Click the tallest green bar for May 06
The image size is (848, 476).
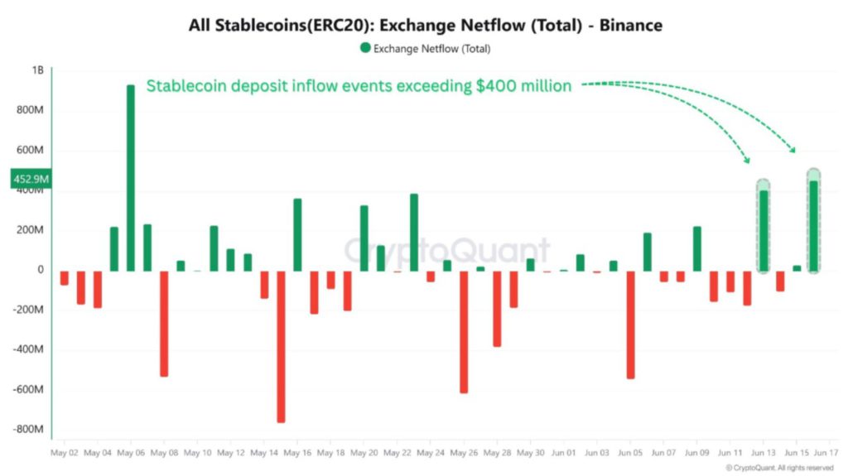click(x=131, y=178)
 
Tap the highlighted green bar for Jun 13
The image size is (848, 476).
click(x=764, y=230)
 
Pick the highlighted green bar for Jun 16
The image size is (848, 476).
click(x=813, y=225)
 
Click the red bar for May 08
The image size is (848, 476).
click(x=164, y=323)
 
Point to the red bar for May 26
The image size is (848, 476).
click(x=464, y=331)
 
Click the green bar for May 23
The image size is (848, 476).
click(x=414, y=232)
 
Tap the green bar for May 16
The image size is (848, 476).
click(x=297, y=234)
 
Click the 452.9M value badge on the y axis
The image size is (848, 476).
click(x=31, y=178)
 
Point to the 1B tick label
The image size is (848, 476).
click(x=37, y=71)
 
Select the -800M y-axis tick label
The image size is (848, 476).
click(x=30, y=429)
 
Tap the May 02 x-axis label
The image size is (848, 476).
click(x=64, y=453)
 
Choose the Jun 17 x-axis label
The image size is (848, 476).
click(x=826, y=453)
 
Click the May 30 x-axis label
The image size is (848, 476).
click(x=530, y=453)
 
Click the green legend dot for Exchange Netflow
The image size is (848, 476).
click(x=365, y=49)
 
